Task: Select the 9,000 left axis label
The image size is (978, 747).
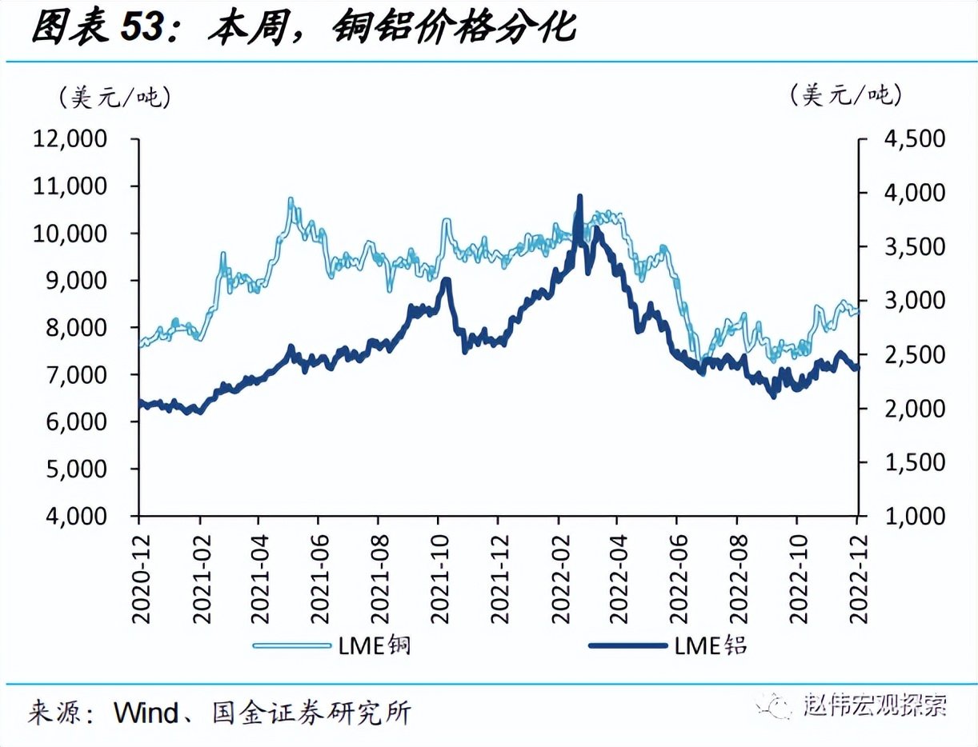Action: (71, 281)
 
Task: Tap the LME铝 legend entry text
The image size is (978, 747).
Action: (711, 645)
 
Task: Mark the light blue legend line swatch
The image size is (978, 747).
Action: (291, 645)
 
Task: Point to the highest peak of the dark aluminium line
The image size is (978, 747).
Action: (579, 197)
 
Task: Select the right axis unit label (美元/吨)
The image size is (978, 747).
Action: (846, 96)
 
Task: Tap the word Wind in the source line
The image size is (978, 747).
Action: (146, 713)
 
